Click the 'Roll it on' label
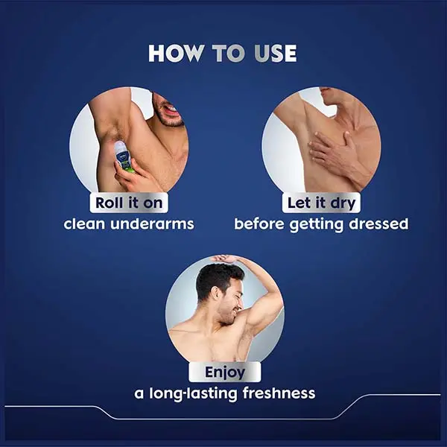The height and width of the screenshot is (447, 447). point(129,203)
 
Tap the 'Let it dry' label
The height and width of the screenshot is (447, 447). point(321,203)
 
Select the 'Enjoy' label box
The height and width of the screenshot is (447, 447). point(225,372)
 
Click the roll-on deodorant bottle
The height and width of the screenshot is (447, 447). point(121,156)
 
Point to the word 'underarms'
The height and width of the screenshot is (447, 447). point(152,223)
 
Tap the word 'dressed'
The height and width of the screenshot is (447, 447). point(378,223)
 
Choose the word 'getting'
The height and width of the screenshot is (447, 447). point(316,225)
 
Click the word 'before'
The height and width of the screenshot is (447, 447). point(259,223)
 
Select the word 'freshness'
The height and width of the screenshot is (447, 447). point(279,393)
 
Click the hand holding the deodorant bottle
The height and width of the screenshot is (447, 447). point(132,176)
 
